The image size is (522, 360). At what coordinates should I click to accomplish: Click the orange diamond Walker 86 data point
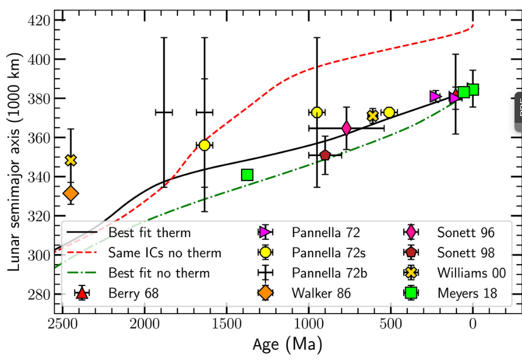tap(71, 193)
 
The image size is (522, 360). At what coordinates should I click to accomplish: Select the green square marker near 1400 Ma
tap(248, 175)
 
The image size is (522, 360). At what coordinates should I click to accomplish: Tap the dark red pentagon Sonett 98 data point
tap(325, 155)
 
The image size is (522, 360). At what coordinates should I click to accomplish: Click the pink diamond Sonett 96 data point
tap(346, 128)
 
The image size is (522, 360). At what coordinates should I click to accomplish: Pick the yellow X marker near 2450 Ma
tap(71, 160)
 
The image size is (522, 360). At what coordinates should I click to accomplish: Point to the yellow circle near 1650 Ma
tap(204, 145)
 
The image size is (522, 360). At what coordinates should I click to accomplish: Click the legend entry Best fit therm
tap(149, 233)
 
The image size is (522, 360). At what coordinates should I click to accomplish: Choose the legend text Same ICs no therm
tap(165, 253)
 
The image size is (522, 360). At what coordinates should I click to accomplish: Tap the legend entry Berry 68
tap(133, 294)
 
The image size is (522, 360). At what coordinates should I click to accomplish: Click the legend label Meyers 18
tap(467, 294)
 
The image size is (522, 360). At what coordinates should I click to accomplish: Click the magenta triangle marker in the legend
tap(265, 232)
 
